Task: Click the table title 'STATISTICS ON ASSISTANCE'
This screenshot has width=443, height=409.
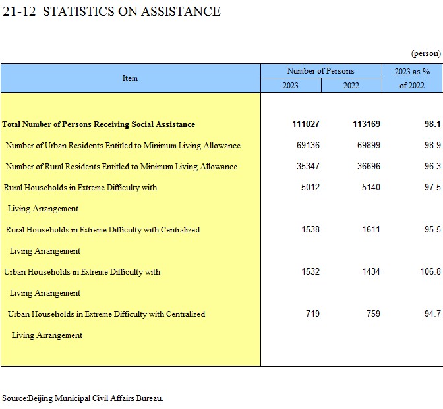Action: point(132,12)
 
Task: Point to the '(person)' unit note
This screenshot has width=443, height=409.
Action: point(426,53)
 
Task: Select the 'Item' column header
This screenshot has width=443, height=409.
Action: point(130,78)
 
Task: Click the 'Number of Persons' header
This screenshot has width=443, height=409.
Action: point(320,71)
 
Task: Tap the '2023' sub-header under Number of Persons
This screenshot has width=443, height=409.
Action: point(291,85)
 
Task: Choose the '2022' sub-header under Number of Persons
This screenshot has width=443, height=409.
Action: point(351,85)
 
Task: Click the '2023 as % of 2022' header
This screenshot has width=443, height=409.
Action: point(412,78)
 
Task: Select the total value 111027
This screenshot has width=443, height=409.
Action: point(306,124)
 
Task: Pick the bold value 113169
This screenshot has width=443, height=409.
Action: point(367,124)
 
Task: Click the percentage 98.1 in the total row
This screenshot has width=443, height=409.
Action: point(432,124)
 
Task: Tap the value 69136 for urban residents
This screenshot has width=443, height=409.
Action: point(308,145)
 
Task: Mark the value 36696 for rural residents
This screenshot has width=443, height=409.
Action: point(369,166)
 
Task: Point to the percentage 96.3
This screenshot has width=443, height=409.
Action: point(432,166)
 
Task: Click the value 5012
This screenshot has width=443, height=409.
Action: point(310,187)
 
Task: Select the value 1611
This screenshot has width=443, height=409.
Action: point(371,229)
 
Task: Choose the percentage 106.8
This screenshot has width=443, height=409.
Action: point(430,271)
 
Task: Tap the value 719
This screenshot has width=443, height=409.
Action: point(312,314)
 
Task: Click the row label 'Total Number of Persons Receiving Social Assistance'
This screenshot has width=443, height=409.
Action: point(99,124)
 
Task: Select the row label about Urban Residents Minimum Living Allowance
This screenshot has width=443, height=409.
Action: point(123,146)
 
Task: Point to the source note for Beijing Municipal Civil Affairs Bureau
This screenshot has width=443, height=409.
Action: point(82,398)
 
